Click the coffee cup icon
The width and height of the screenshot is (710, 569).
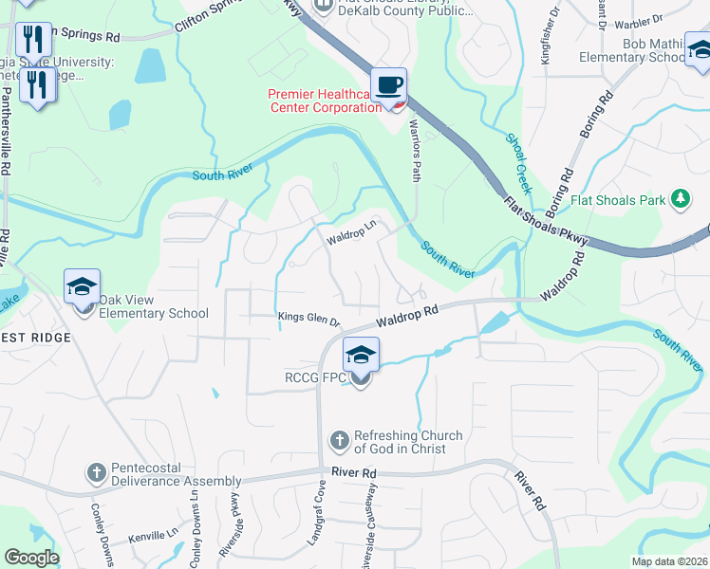388,85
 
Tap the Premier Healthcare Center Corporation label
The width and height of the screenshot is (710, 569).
325,101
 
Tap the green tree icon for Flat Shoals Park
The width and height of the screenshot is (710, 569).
680,198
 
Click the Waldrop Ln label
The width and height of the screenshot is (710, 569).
352,232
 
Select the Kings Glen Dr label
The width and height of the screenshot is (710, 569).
308,318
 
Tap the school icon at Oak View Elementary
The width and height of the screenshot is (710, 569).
83,286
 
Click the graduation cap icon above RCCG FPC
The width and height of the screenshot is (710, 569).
361,355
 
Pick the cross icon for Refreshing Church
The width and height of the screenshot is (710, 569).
339,440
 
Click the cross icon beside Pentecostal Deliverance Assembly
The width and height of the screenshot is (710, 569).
96,471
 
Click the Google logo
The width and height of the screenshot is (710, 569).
30,558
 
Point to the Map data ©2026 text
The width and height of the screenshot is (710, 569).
669,561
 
